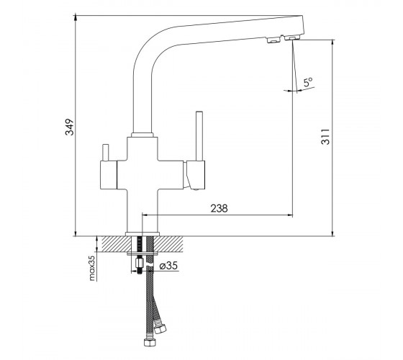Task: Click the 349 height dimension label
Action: (x=70, y=127)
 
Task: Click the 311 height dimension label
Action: (x=325, y=137)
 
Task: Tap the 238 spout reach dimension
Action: (x=219, y=208)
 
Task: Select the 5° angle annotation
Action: (x=308, y=82)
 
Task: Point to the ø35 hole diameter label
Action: (x=168, y=266)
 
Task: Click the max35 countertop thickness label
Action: (x=92, y=266)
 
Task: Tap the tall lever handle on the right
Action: (x=199, y=136)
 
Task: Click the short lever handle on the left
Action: (x=105, y=153)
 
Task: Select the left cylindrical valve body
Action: (x=108, y=175)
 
